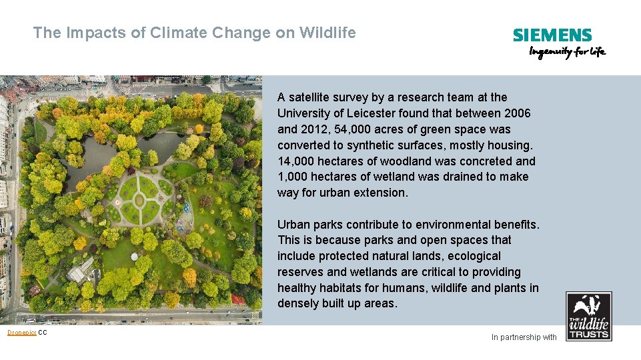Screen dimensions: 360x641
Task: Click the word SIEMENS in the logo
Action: pos(552,35)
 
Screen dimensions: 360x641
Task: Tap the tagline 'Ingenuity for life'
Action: pos(567,52)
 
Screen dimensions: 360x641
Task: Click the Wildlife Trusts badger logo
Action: pos(588,316)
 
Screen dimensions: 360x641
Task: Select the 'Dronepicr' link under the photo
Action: pos(21,332)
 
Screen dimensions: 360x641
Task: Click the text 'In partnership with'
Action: pos(524,337)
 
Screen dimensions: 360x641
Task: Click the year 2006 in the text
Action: pos(518,113)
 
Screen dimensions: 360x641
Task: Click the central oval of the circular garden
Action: pos(139,199)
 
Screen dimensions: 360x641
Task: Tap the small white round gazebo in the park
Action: pos(134,257)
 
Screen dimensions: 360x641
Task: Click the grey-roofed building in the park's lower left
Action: pos(81,270)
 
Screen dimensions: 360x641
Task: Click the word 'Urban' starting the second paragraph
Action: pos(293,225)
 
